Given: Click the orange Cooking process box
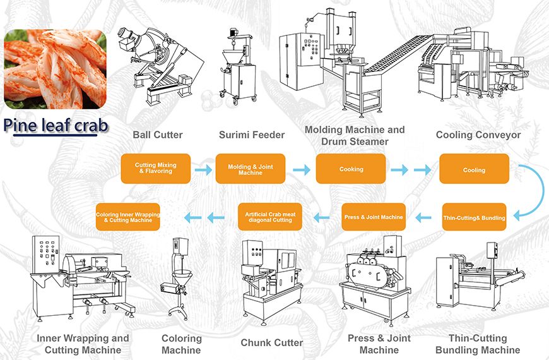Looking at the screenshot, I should pyautogui.click(x=351, y=169).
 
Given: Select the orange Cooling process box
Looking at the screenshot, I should pyautogui.click(x=474, y=169).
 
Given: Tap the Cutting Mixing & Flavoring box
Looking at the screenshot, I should pyautogui.click(x=155, y=169).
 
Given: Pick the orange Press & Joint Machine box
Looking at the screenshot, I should pyautogui.click(x=374, y=217).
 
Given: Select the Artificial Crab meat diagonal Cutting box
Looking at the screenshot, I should pyautogui.click(x=269, y=217).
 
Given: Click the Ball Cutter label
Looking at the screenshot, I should pyautogui.click(x=158, y=135).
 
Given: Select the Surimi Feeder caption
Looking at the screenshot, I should pyautogui.click(x=252, y=135).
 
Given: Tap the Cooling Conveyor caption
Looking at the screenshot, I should pyautogui.click(x=478, y=135).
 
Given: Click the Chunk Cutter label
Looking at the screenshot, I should pyautogui.click(x=272, y=343).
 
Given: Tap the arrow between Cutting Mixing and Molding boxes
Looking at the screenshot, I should pyautogui.click(x=203, y=169).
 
